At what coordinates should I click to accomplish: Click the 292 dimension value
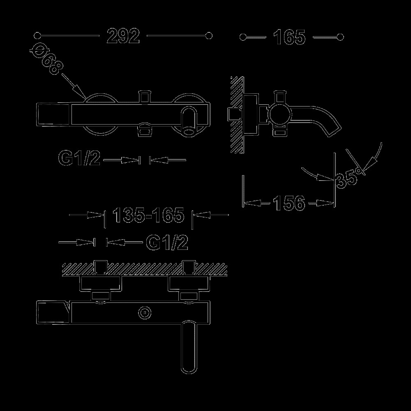coord(123,36)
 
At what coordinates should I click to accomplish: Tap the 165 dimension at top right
coord(289,37)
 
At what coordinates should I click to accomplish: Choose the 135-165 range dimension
coord(148,215)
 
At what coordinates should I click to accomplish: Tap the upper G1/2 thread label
coord(79,158)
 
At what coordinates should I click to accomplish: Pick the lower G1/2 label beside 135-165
coord(167,242)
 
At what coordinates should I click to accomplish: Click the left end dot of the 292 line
coord(37,36)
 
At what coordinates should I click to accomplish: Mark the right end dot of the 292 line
coord(209,36)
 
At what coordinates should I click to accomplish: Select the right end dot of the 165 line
coord(340,37)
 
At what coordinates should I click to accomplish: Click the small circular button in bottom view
coord(145,313)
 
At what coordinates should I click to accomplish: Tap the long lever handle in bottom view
coord(188,346)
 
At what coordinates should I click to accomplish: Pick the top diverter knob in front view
coord(145,97)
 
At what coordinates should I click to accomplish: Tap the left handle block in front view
coord(53,115)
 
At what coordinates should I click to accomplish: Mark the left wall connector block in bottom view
coord(101,284)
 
